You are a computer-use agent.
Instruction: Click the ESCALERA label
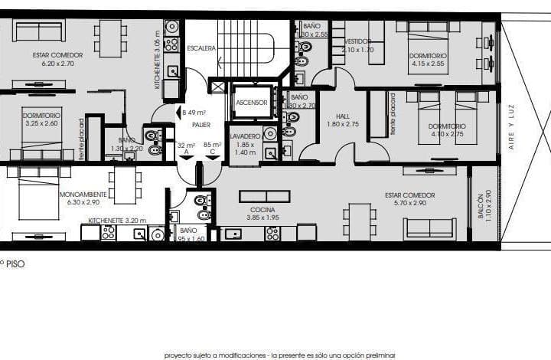pyautogui.click(x=201, y=48)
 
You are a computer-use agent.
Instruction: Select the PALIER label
pyautogui.click(x=201, y=124)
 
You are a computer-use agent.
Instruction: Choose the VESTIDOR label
pyautogui.click(x=358, y=41)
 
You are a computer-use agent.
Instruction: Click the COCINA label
pyautogui.click(x=262, y=209)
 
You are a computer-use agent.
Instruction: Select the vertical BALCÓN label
pyautogui.click(x=481, y=205)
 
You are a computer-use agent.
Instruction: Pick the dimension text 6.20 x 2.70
pyautogui.click(x=57, y=65)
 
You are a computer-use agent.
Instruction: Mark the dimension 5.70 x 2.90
pyautogui.click(x=406, y=204)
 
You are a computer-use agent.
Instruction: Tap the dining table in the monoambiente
pyautogui.click(x=125, y=186)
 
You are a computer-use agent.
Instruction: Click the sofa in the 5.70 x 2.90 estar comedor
pyautogui.click(x=430, y=228)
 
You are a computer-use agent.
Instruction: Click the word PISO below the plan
pyautogui.click(x=16, y=263)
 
